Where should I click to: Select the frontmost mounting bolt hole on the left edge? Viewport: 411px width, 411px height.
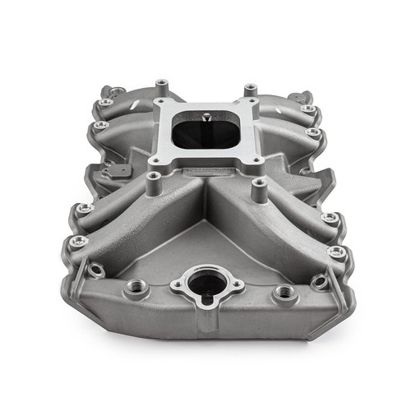(78, 241)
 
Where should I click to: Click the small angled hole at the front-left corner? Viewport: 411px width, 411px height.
(95, 269)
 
